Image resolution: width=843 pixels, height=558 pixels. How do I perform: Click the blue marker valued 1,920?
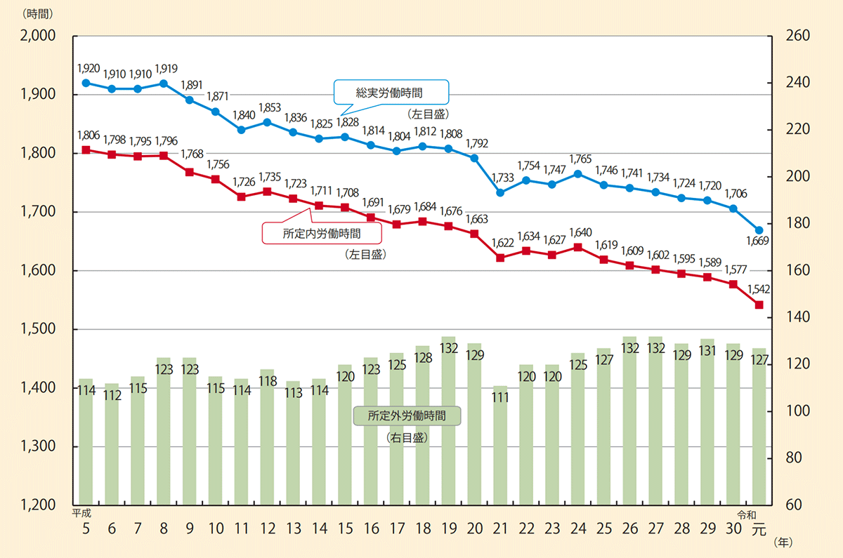point(86,83)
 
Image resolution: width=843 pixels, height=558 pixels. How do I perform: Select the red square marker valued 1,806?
point(86,150)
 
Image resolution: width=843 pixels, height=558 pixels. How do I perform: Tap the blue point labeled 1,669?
point(759,230)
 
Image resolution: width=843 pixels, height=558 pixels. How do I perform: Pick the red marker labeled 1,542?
point(759,305)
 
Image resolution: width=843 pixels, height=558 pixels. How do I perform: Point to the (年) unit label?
point(784,542)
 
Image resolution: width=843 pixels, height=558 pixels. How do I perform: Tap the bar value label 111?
point(500,397)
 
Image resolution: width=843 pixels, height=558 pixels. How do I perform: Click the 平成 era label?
point(83,513)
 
